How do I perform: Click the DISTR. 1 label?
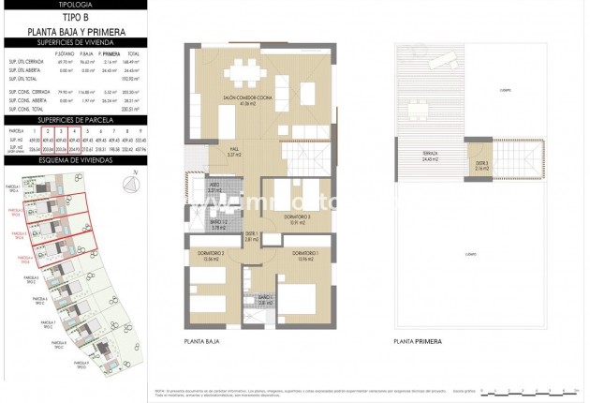(251, 236)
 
